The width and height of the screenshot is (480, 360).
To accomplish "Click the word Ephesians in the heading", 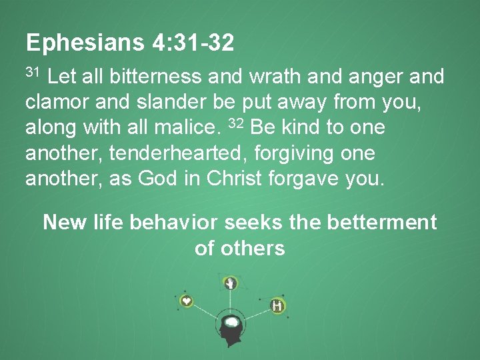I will [84, 44].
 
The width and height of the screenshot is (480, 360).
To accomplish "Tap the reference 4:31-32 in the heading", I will [193, 44].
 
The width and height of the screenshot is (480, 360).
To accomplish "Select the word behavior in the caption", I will [174, 222].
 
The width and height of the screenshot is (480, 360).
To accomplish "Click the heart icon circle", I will [187, 301].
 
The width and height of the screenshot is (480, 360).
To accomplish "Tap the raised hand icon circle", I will [231, 283].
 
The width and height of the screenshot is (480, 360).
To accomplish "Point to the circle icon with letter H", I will [277, 306].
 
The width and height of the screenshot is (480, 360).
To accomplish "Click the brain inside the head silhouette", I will [231, 323].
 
